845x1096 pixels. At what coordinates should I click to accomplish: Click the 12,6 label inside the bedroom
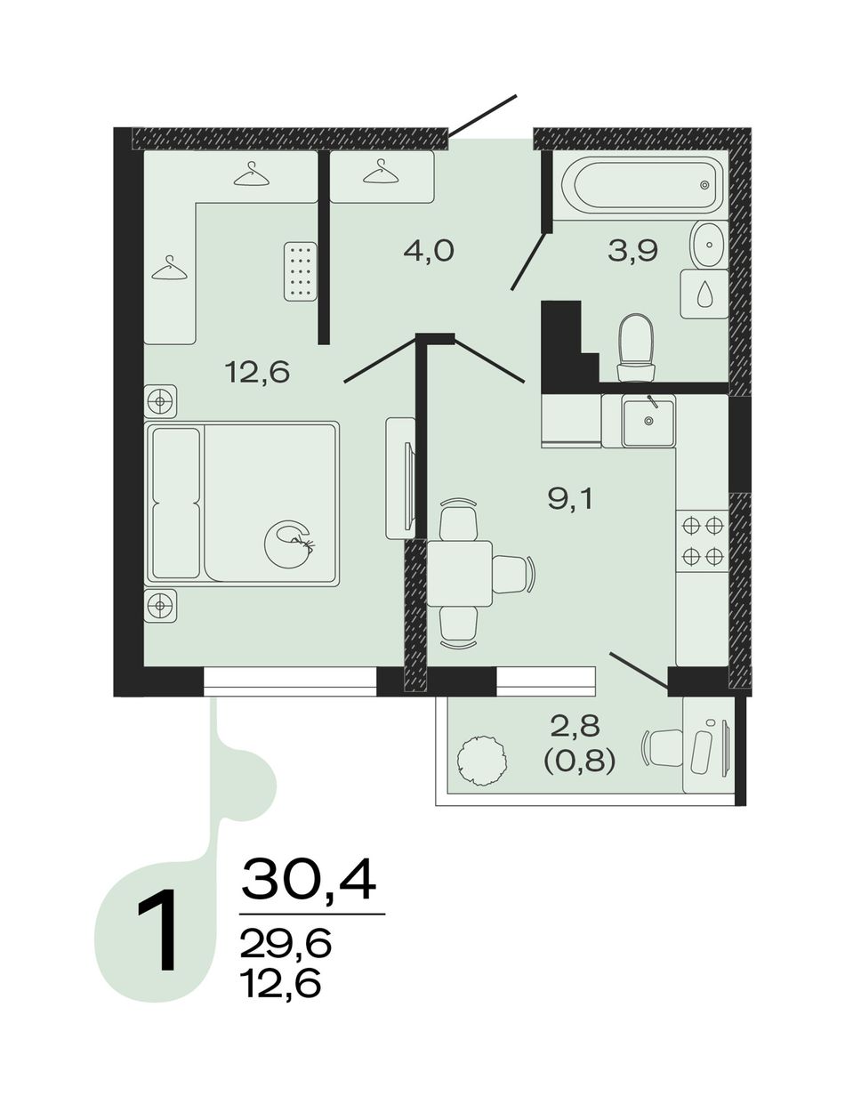[x=257, y=374]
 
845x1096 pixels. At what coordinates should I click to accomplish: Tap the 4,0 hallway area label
[x=429, y=251]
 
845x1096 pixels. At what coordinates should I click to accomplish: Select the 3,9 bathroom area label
[x=632, y=251]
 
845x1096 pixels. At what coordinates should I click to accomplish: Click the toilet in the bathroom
[x=636, y=348]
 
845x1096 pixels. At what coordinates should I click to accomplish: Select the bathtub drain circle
[x=704, y=185]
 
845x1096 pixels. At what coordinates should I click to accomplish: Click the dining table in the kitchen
[x=459, y=573]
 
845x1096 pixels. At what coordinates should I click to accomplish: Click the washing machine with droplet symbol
[x=704, y=294]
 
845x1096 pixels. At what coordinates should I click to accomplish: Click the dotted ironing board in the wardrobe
[x=301, y=271]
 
